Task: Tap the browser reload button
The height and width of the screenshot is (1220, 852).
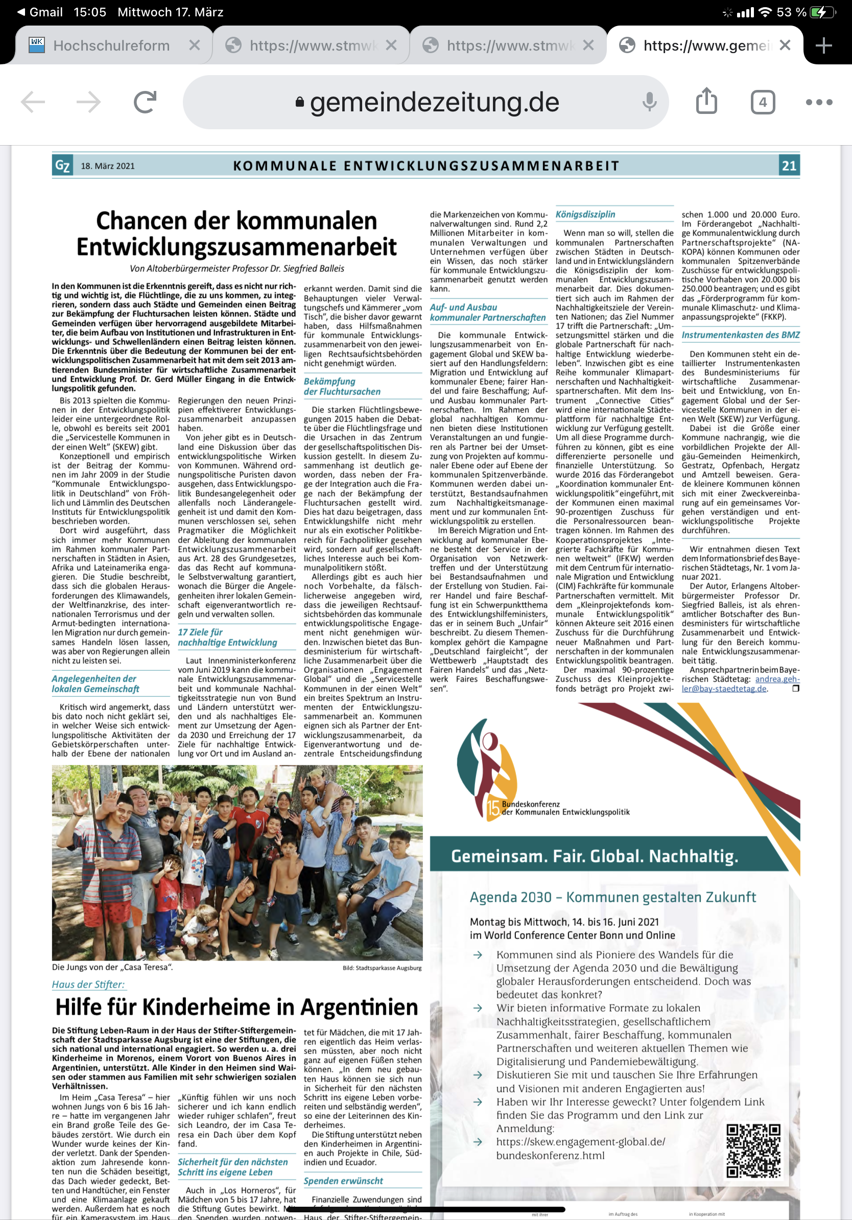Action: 145,102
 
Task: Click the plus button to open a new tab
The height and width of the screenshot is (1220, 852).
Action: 823,45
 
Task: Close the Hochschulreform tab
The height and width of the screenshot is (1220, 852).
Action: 195,45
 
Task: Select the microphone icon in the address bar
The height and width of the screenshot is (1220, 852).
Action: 649,102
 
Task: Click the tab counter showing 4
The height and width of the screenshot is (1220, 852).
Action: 762,102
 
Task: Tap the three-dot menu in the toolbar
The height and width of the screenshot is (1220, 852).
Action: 818,102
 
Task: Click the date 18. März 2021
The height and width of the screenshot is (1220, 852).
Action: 108,167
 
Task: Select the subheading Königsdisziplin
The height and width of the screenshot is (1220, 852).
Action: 585,215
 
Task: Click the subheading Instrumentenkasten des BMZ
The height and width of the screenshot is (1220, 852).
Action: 741,335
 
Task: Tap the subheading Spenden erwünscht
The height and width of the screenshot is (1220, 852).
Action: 343,1181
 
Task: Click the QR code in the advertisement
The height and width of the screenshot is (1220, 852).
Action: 753,1151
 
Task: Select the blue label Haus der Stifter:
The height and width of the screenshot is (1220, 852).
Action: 88,984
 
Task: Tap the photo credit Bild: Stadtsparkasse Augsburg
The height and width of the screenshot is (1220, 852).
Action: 382,968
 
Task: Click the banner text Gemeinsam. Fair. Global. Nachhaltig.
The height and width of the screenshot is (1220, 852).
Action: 595,857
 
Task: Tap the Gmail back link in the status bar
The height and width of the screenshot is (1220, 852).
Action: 40,12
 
